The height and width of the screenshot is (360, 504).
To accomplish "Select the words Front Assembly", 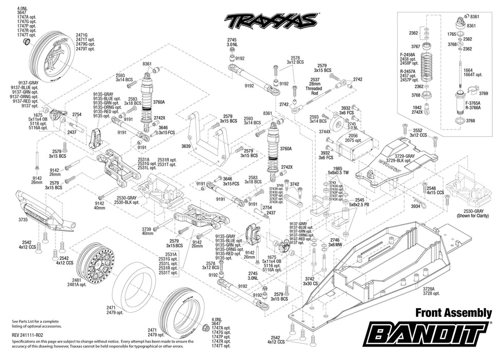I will tap(453, 312).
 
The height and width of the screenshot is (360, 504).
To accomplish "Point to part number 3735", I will tap(23, 220).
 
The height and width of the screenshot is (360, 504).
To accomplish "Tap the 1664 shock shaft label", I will tap(467, 70).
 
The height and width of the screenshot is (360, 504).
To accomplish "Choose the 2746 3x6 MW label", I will tap(335, 242).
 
